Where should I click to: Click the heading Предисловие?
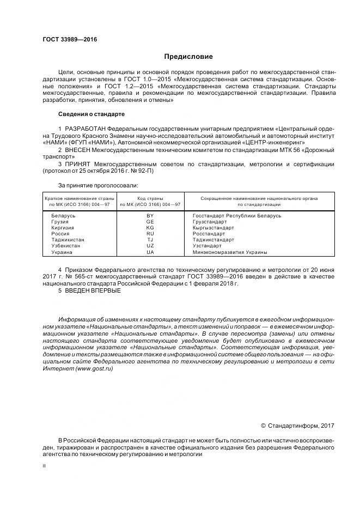coord(188,57)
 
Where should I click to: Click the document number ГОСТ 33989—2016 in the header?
coord(66,39)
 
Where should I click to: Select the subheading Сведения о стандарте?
coord(91,114)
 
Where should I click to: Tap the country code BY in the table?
coord(150,216)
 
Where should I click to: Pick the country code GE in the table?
coord(150,222)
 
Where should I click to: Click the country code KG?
coord(150,228)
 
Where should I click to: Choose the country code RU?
coord(150,234)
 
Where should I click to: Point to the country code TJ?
coord(150,240)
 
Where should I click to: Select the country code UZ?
coord(150,246)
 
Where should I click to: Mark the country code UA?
coord(150,252)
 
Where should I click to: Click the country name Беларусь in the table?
coord(63,216)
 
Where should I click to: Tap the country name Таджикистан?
coord(68,240)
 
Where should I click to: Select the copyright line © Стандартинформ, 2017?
coord(297,426)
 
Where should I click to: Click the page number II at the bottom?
coord(44,466)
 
